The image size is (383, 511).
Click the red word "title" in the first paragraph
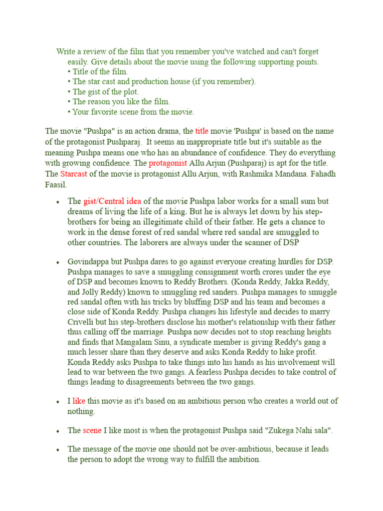point(202,131)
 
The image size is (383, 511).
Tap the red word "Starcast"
point(74,174)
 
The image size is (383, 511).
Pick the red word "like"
point(79,401)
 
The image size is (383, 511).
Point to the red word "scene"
point(92,430)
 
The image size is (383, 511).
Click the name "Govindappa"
point(88,262)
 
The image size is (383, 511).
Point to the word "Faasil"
point(56,185)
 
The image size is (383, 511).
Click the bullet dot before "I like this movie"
point(58,402)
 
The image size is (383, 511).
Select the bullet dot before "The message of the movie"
point(58,450)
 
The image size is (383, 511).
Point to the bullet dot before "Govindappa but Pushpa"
point(58,262)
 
